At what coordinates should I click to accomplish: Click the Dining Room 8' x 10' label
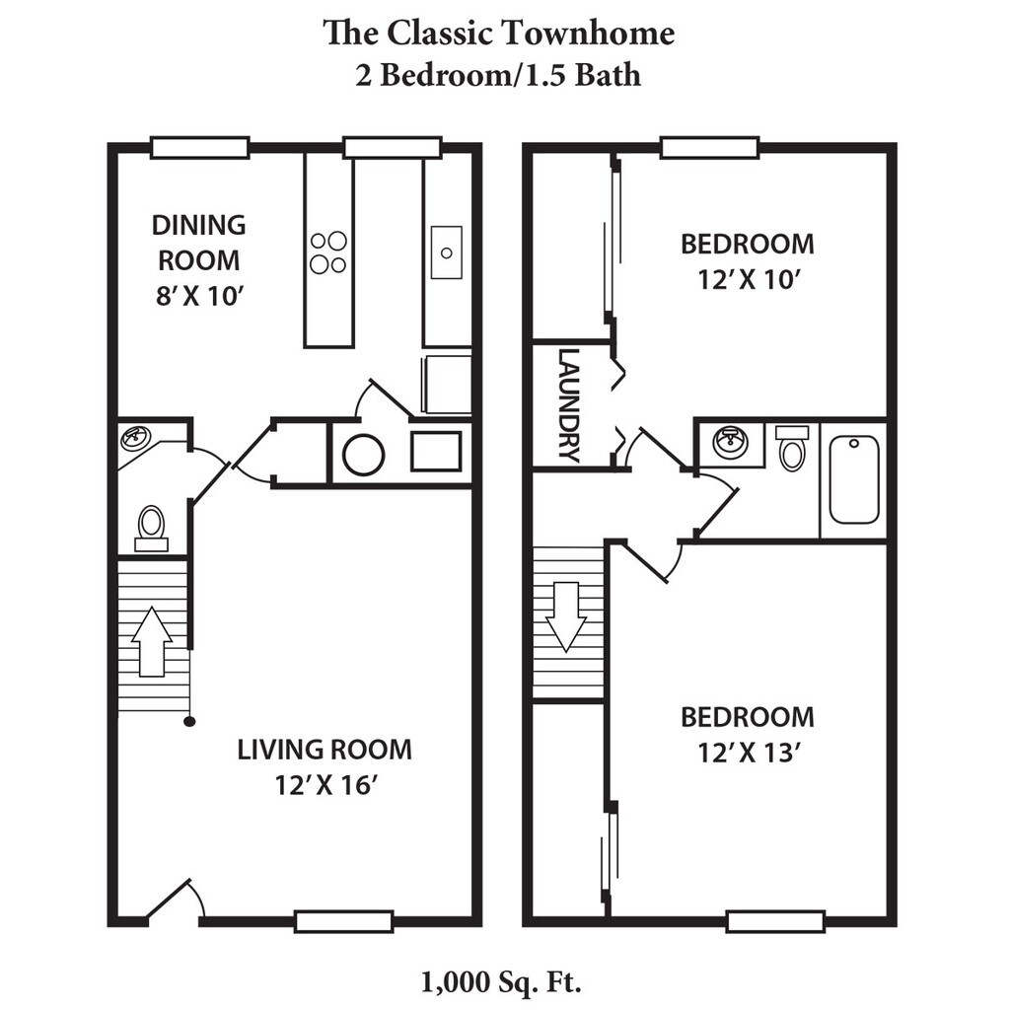tap(199, 260)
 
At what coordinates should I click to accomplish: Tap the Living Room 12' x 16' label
tap(325, 767)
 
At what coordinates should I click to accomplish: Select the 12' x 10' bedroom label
tap(748, 261)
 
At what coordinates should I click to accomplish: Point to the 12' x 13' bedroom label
tap(748, 735)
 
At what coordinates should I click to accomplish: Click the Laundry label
tap(569, 405)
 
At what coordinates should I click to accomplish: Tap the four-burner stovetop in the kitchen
tap(328, 252)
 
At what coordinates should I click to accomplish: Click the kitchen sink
tap(447, 252)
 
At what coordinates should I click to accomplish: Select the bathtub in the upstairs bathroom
tap(854, 480)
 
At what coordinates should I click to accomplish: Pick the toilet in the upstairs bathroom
tap(792, 447)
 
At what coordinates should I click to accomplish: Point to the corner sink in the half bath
tap(133, 439)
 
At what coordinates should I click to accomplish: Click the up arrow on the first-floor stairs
tap(151, 641)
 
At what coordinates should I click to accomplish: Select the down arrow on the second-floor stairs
tap(566, 616)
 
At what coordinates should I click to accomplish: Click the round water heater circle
tap(364, 455)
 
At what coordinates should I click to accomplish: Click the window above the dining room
tap(200, 148)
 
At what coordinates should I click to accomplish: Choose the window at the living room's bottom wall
tap(344, 922)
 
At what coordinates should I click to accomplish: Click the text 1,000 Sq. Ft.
tap(501, 981)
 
